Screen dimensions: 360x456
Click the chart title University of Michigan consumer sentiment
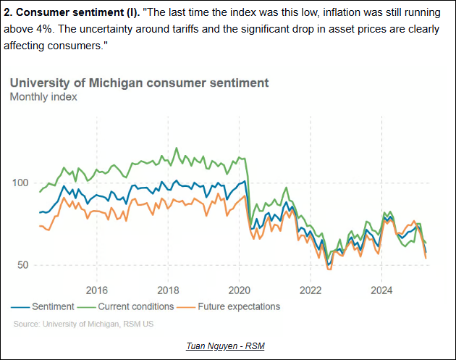(139, 83)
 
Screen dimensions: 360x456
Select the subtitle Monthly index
(43, 96)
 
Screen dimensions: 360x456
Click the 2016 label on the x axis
(96, 290)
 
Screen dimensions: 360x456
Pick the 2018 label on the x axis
(168, 290)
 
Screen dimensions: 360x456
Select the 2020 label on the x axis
(239, 290)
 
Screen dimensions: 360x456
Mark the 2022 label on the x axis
(310, 290)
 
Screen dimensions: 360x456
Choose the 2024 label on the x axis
(381, 290)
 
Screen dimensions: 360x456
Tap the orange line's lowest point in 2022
(329, 269)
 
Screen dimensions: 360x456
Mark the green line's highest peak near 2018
(177, 148)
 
